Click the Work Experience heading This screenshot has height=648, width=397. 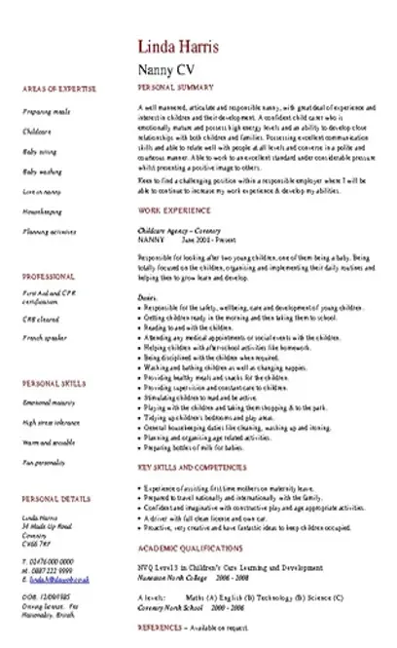coord(169,210)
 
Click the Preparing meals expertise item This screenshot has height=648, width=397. coord(42,113)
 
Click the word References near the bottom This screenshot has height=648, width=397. coord(162,629)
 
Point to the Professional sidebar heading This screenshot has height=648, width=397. coord(42,276)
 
